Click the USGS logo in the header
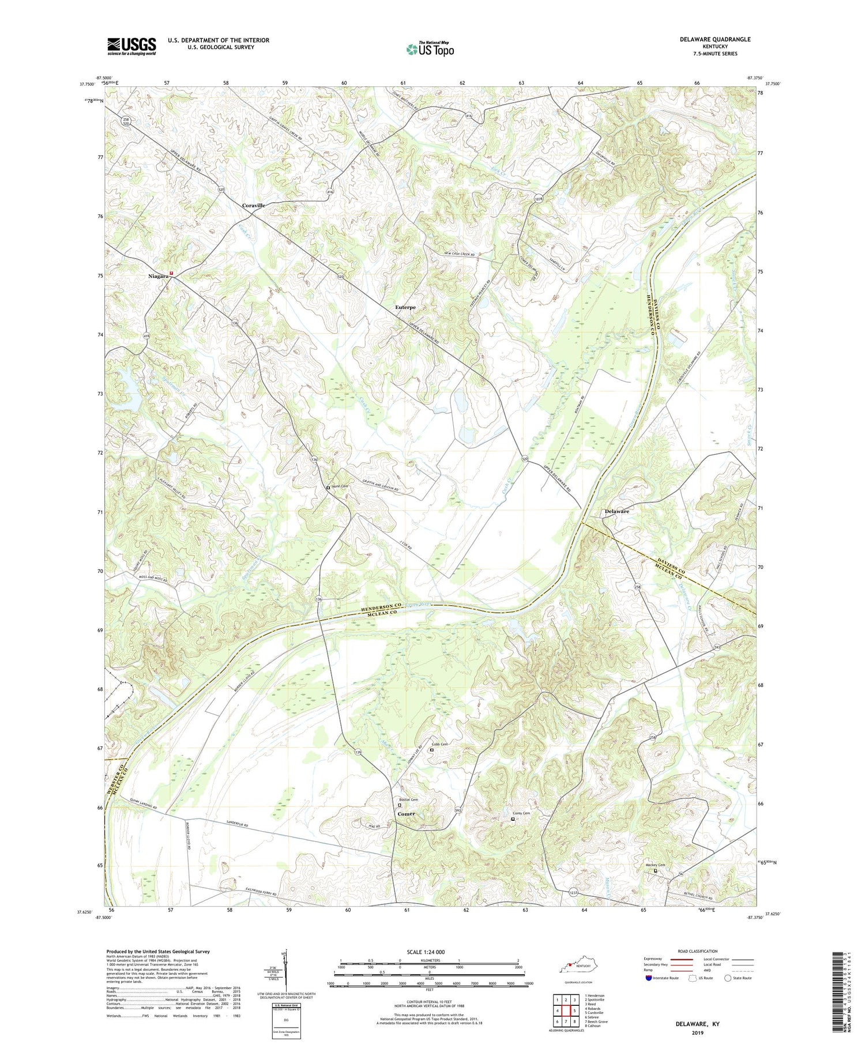point(131,46)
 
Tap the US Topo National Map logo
point(430,49)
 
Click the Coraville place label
point(254,206)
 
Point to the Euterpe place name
point(405,308)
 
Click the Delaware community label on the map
point(616,511)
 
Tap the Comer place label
point(406,814)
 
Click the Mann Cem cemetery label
point(340,486)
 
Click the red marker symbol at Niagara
point(171,273)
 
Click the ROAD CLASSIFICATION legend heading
point(697,951)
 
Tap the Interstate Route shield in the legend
point(649,978)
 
